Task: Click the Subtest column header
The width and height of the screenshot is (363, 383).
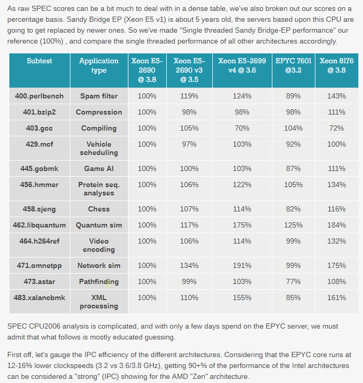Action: pyautogui.click(x=39, y=61)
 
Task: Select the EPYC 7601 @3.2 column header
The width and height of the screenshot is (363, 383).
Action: pyautogui.click(x=294, y=65)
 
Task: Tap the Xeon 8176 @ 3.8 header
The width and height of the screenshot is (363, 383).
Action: pyautogui.click(x=337, y=65)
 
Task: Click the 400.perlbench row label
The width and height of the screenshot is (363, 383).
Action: pyautogui.click(x=39, y=96)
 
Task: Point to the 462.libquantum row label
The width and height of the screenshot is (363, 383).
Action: pyautogui.click(x=39, y=225)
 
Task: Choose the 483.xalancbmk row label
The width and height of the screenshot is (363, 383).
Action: pyautogui.click(x=39, y=297)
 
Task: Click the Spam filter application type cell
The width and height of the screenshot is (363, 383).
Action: pyautogui.click(x=99, y=96)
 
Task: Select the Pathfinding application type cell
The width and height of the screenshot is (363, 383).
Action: pyautogui.click(x=99, y=281)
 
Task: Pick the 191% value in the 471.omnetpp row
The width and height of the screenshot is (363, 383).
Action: pyautogui.click(x=242, y=265)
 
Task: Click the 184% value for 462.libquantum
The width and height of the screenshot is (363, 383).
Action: pyautogui.click(x=337, y=225)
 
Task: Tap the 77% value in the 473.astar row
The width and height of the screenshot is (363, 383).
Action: pyautogui.click(x=293, y=281)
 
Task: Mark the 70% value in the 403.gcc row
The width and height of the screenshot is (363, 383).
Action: pyautogui.click(x=242, y=128)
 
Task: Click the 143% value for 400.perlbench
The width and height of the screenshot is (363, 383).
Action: pyautogui.click(x=337, y=96)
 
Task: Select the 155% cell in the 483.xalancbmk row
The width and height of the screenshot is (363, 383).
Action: pyautogui.click(x=242, y=297)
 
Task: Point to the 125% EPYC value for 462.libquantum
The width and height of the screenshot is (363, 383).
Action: pyautogui.click(x=293, y=225)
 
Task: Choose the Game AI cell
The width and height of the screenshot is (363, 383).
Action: pyautogui.click(x=99, y=168)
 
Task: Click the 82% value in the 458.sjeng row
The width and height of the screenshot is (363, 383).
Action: pyautogui.click(x=293, y=209)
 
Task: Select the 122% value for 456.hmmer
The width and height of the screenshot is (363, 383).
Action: pyautogui.click(x=242, y=185)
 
